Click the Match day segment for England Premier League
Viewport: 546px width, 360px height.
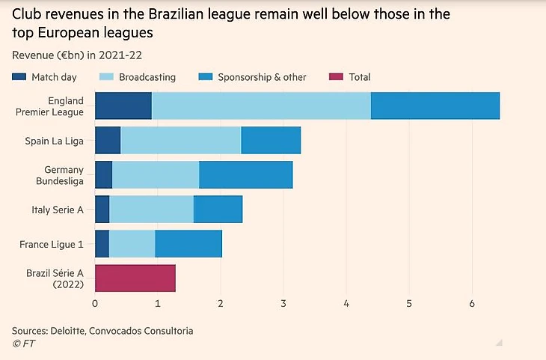[123, 106]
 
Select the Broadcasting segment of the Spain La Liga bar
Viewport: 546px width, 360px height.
[180, 140]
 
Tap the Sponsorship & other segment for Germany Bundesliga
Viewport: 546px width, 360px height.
[245, 174]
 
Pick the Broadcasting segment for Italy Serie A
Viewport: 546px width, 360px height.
[151, 209]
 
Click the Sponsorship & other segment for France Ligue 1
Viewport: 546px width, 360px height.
[188, 243]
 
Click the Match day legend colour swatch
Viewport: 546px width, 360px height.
[19, 77]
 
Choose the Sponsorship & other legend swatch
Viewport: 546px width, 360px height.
[204, 77]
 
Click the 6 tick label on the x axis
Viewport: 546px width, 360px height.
[471, 303]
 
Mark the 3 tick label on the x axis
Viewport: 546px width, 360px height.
[283, 303]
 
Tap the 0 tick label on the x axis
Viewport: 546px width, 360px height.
[95, 303]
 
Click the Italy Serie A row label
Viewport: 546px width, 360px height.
[58, 210]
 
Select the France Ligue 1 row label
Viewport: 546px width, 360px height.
[52, 244]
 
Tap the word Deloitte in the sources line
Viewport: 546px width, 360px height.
[73, 330]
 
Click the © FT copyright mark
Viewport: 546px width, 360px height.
[23, 344]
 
